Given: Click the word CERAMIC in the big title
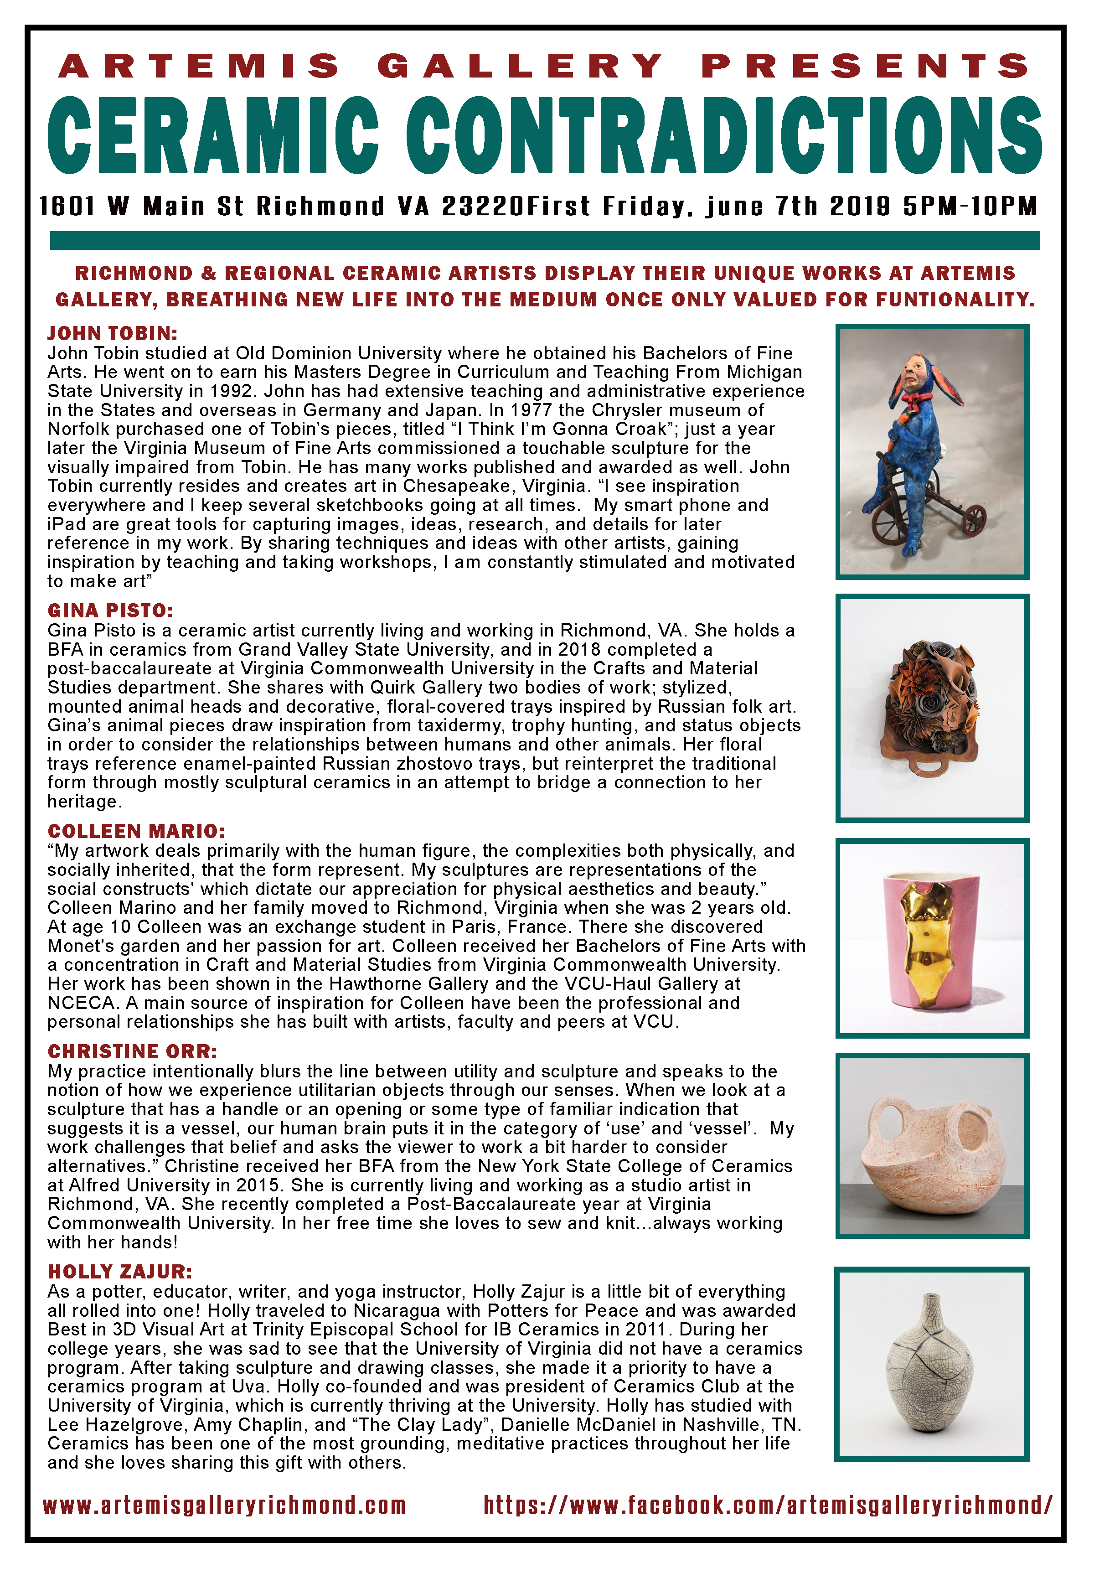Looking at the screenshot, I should point(213,136).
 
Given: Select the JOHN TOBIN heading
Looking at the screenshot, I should point(112,334).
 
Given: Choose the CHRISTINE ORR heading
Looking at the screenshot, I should point(132,1052).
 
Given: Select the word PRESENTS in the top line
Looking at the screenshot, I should point(865,67).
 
